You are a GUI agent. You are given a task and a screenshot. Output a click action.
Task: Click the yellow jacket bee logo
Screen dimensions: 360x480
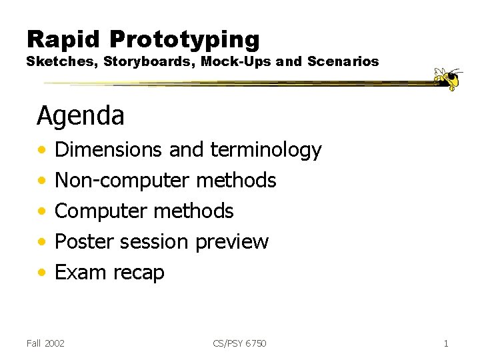[449, 78]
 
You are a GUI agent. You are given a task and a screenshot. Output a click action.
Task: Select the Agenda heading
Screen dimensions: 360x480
[81, 116]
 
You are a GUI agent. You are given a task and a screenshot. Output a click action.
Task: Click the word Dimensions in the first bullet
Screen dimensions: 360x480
[108, 150]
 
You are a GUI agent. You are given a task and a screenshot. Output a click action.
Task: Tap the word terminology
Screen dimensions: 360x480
[266, 151]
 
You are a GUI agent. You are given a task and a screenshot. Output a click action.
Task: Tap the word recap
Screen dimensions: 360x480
[139, 273]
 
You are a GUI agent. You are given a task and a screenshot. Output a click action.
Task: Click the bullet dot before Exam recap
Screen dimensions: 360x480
[42, 273]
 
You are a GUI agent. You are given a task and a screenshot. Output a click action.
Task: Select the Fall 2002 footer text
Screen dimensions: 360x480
[45, 343]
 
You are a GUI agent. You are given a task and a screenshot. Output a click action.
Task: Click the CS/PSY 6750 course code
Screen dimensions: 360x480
[239, 343]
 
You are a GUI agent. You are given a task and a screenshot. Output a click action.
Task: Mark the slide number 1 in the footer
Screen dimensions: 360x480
[445, 343]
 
